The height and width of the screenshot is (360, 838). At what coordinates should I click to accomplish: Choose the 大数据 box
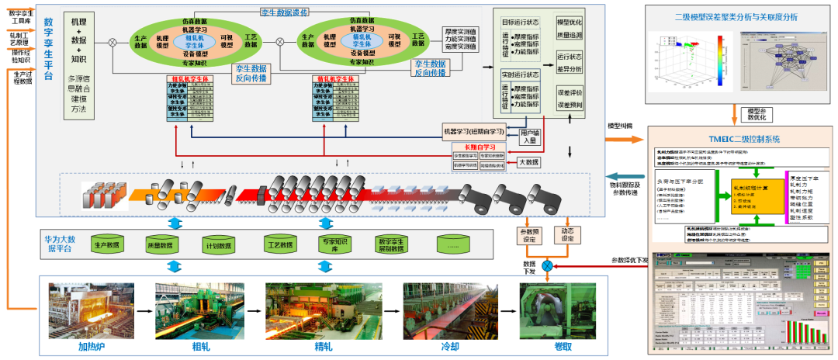click(x=531, y=162)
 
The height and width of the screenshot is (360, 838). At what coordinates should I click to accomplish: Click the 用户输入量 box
click(x=531, y=136)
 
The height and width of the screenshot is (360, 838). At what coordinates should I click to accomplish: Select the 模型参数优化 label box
click(x=755, y=115)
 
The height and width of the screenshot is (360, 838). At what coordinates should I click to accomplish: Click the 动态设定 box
click(x=566, y=234)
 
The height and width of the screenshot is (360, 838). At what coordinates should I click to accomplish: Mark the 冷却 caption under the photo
click(x=439, y=346)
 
